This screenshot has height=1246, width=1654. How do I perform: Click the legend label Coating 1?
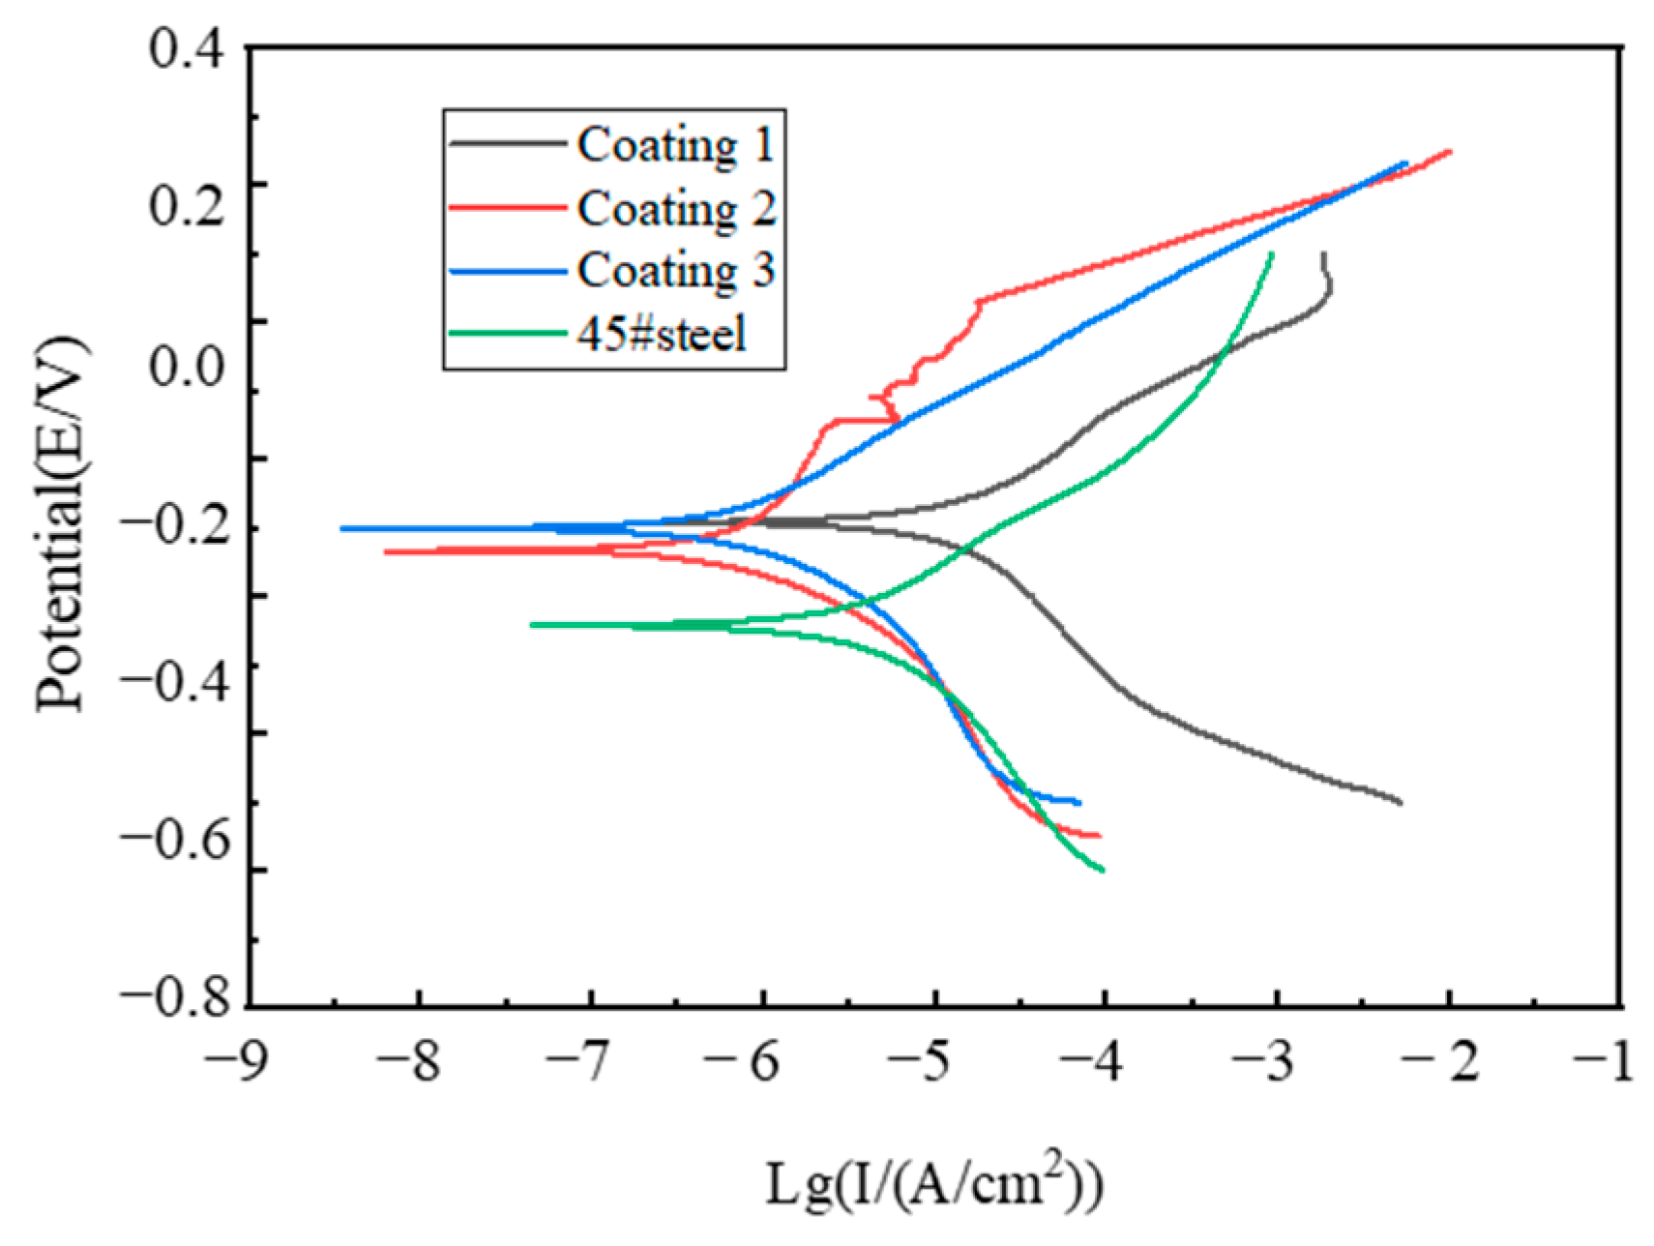pos(675,145)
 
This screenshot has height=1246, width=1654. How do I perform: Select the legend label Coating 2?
pos(675,208)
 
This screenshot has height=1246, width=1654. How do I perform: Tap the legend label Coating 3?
pos(675,270)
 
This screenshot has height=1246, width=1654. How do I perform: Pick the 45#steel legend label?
pos(662,335)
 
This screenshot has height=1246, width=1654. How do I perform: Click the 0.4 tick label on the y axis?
pos(187,48)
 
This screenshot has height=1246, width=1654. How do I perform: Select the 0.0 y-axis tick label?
pos(187,366)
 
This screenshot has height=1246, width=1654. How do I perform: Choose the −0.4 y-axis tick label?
pos(176,681)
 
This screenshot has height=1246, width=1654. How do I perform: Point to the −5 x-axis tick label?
pos(923,1062)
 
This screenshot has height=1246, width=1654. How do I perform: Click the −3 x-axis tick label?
pos(1263,1062)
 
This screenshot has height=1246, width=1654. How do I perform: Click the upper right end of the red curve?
pos(1450,152)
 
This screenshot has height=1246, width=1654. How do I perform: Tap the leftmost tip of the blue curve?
pos(342,529)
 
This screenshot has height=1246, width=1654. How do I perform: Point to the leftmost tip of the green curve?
pos(532,625)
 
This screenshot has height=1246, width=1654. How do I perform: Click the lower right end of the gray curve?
pos(1400,802)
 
